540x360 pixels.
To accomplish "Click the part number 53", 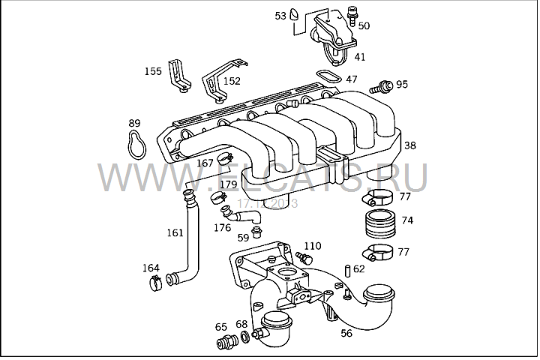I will [280, 15].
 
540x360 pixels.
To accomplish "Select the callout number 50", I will [364, 25].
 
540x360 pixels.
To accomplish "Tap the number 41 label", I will [360, 56].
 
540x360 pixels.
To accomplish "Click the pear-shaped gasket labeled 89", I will [135, 142].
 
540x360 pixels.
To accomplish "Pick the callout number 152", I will [232, 81].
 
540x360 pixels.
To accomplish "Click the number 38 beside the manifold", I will [410, 146].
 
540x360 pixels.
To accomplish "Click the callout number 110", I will [313, 246].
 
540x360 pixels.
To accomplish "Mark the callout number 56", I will [346, 333].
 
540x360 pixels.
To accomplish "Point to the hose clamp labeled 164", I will [156, 283].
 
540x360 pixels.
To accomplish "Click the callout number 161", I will [174, 233].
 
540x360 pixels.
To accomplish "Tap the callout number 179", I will [228, 184].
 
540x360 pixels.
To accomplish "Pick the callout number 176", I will [222, 227].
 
